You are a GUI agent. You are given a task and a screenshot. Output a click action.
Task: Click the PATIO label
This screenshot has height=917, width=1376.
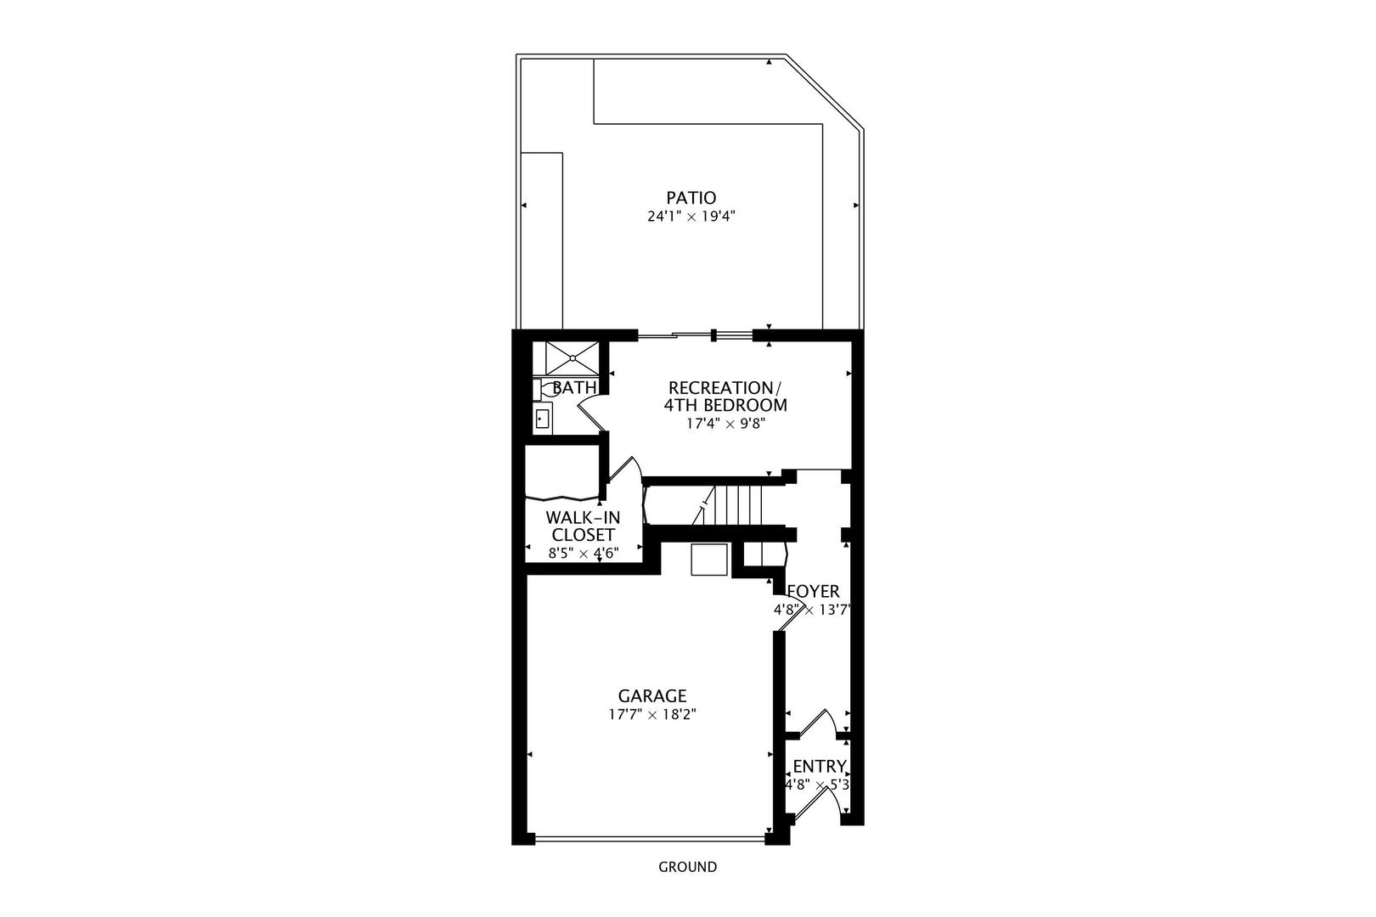click(691, 198)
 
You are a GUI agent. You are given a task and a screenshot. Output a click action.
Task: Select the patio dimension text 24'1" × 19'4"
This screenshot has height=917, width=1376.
click(691, 217)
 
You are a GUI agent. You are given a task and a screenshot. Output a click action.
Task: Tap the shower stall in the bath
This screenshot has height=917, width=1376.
click(572, 357)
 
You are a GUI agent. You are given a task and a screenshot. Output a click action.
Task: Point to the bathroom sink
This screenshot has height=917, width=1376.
click(542, 419)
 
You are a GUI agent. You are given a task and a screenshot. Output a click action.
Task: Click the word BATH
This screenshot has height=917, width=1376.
click(575, 388)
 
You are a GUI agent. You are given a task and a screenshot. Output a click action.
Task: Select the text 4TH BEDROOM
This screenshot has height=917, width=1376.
click(725, 405)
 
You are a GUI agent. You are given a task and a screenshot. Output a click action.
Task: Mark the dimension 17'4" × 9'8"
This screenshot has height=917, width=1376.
click(726, 424)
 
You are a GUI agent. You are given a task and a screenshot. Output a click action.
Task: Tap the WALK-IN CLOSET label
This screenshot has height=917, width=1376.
click(583, 526)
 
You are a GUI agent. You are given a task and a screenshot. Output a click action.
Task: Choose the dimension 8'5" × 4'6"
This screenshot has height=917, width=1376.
click(583, 553)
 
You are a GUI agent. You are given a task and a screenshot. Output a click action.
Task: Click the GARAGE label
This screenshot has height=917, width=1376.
click(652, 696)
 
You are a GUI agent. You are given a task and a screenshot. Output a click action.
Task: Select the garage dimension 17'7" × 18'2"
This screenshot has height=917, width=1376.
click(652, 715)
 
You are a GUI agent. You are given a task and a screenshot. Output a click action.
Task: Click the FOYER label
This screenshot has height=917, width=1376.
click(813, 592)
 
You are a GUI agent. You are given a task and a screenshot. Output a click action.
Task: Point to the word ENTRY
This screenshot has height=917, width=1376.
click(819, 767)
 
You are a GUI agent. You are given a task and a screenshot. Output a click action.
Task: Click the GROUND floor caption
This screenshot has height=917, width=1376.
click(688, 867)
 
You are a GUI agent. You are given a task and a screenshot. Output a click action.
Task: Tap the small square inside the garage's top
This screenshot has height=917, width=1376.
click(709, 560)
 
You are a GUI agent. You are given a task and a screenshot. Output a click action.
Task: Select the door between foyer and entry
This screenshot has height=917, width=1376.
click(814, 723)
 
